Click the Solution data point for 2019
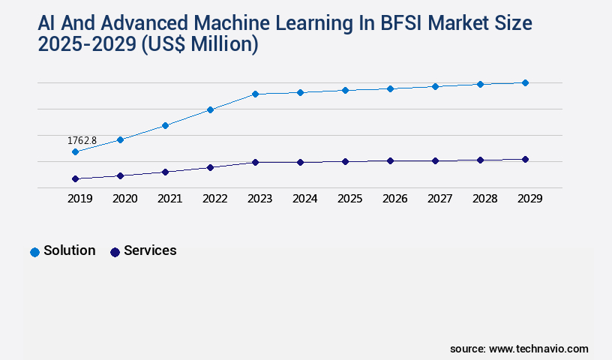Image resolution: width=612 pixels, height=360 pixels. click(75, 152)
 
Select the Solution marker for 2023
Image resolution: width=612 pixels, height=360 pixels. click(255, 94)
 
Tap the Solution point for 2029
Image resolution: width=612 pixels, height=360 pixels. click(525, 82)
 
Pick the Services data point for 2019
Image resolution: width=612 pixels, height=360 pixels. click(75, 179)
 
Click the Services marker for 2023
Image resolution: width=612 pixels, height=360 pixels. click(255, 162)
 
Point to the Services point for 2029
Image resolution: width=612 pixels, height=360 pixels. click(525, 159)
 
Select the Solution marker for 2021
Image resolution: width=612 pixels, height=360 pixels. click(165, 125)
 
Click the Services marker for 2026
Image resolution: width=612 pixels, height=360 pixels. click(390, 160)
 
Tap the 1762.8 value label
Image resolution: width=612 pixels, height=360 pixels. click(82, 140)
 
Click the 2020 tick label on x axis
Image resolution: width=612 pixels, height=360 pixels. click(124, 199)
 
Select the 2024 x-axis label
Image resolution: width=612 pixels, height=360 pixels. click(304, 199)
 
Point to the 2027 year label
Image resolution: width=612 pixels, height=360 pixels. click(439, 199)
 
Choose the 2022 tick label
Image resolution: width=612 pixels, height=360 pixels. click(214, 199)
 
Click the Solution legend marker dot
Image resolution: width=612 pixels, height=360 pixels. click(34, 252)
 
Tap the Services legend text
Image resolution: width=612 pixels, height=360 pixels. click(150, 250)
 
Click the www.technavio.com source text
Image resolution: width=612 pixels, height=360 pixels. click(538, 349)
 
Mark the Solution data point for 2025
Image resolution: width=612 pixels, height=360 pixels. click(345, 90)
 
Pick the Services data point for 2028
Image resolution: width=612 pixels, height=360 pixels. click(480, 160)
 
